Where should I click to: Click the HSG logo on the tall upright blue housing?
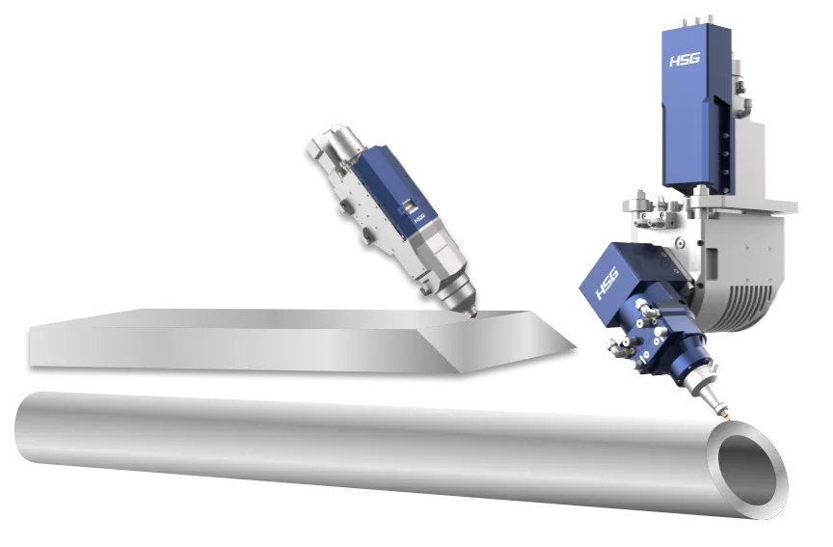(685, 59)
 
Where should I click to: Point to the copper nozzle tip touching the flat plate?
(471, 316)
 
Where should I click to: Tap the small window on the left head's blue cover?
(408, 205)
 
